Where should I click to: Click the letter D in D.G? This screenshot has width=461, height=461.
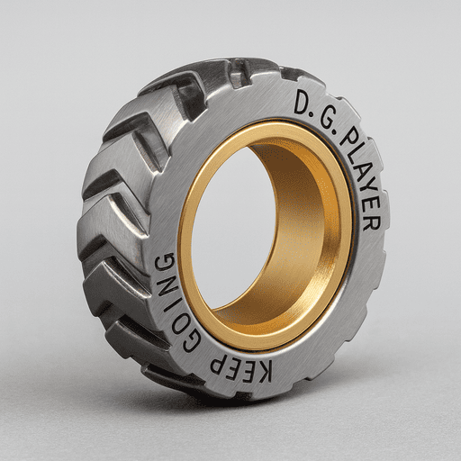click(x=301, y=104)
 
